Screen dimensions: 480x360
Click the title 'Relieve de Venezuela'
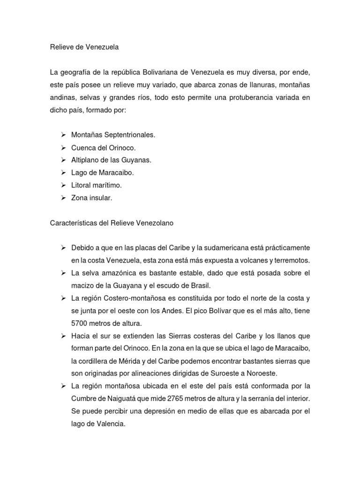84,47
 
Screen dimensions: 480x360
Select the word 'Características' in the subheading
72,223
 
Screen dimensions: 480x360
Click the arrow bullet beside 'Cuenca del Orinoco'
63,148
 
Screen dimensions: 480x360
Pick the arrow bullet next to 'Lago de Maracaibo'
63,173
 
